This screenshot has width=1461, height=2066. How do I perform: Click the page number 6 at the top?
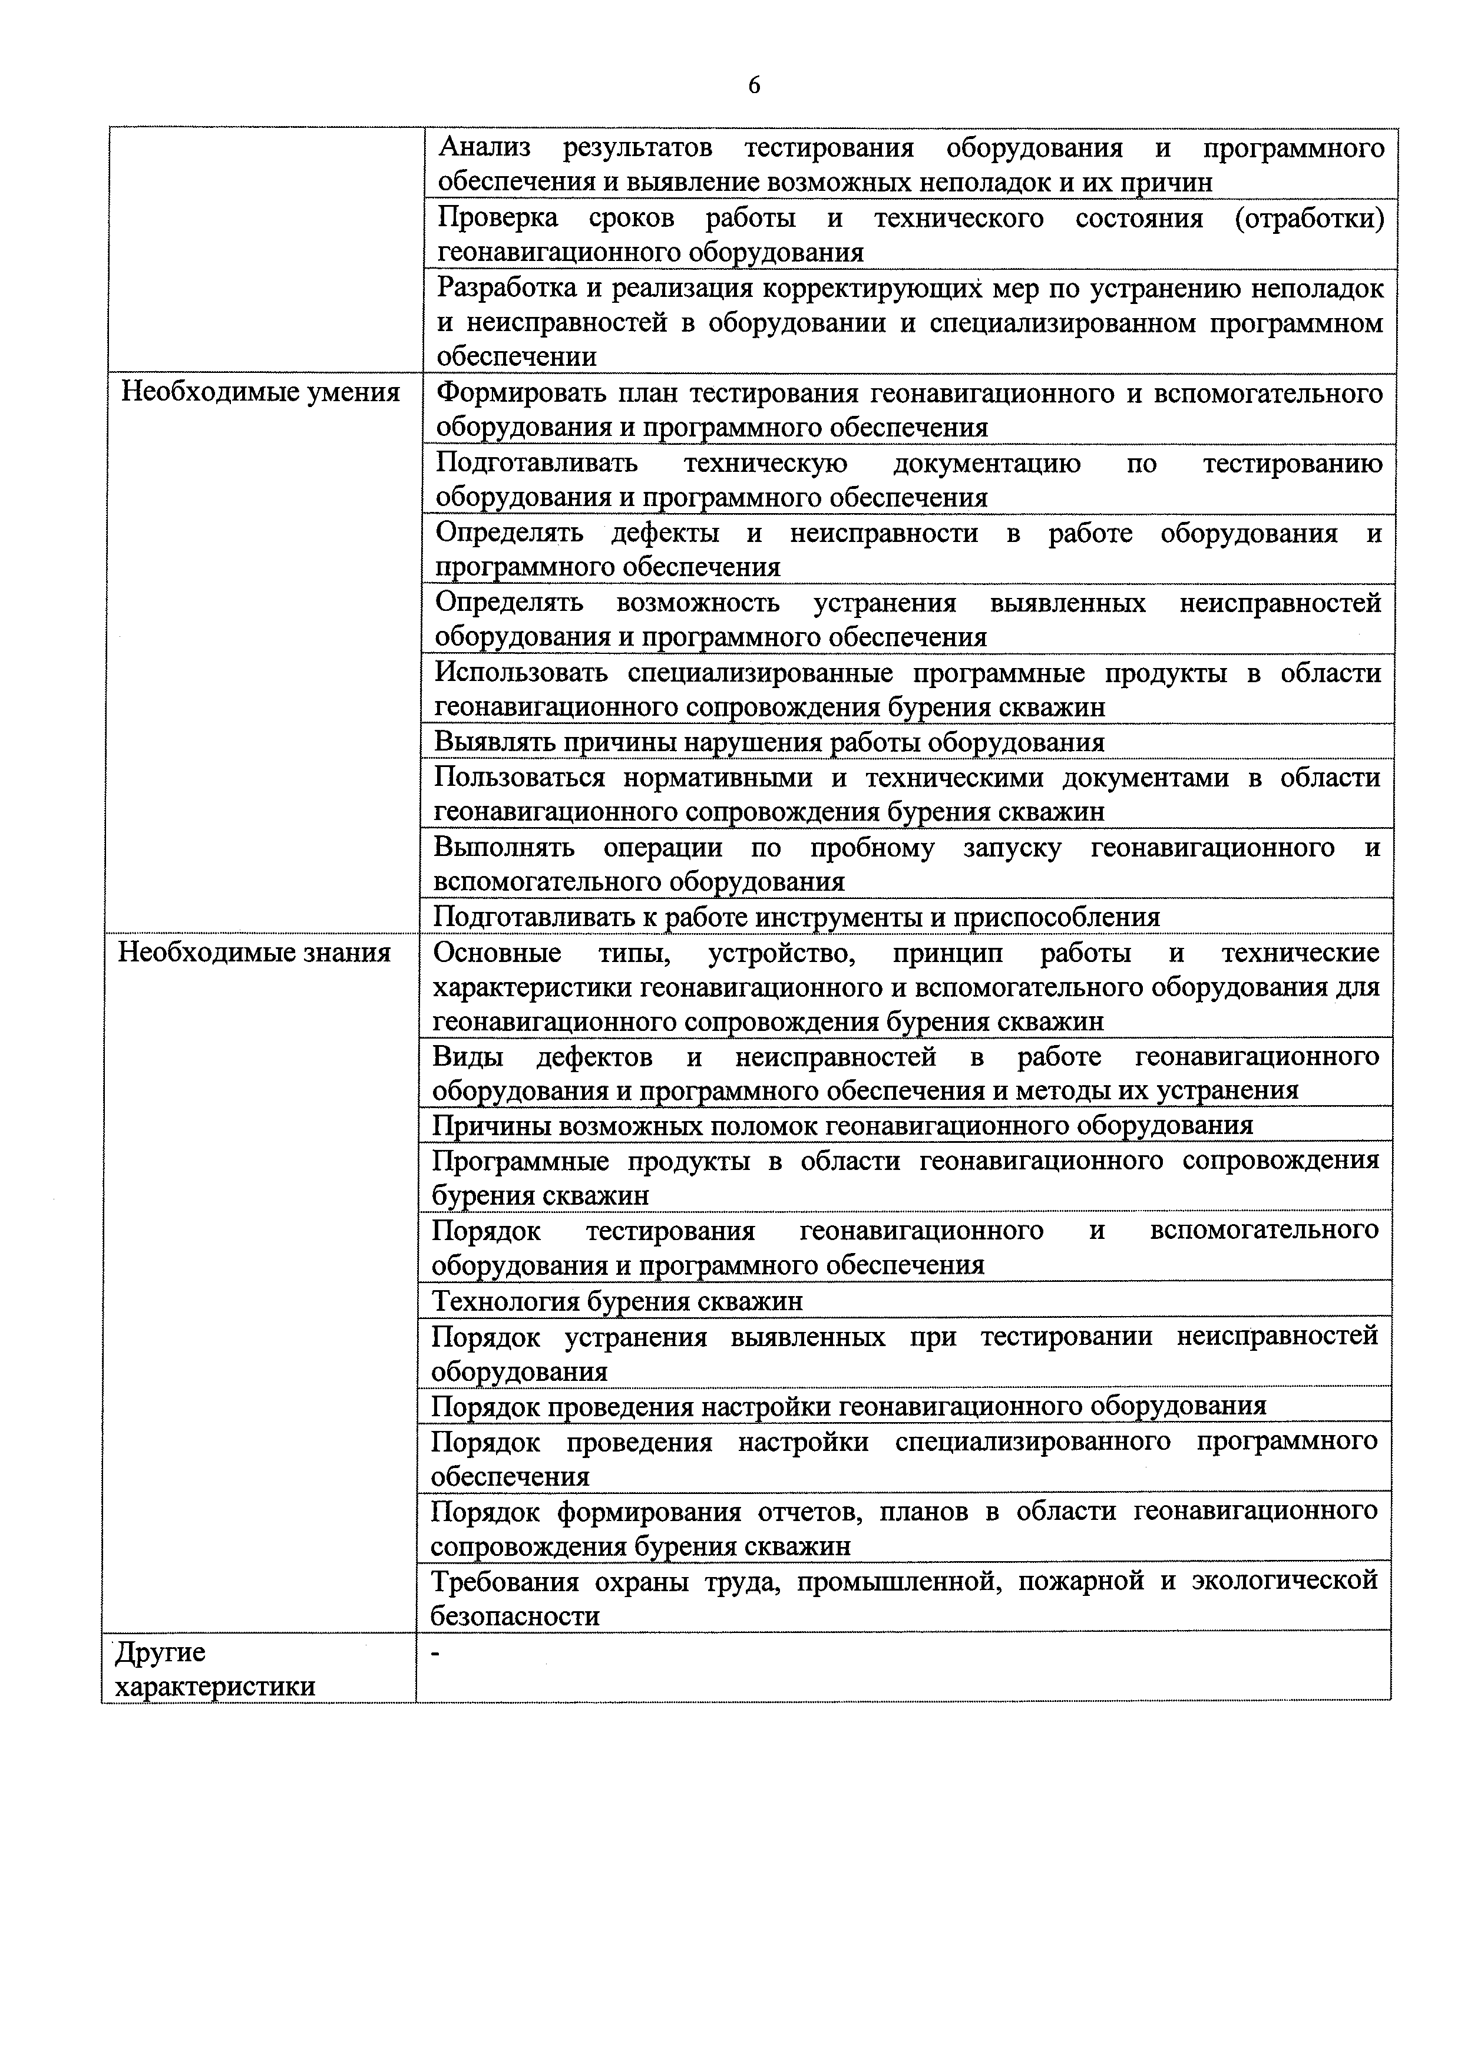[754, 85]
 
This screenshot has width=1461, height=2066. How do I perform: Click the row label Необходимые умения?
[260, 392]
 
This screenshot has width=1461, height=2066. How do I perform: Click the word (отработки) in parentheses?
[1309, 218]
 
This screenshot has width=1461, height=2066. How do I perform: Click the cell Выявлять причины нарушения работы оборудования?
[769, 742]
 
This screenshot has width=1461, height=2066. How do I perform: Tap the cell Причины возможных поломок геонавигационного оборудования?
[842, 1125]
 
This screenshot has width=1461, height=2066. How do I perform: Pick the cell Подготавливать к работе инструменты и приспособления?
[797, 916]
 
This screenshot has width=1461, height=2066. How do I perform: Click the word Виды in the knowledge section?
[468, 1056]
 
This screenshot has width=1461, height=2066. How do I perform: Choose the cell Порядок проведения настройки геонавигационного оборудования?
[848, 1406]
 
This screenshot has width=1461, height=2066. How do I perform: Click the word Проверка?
[497, 218]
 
